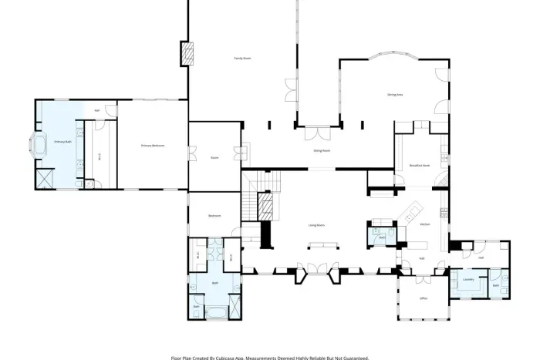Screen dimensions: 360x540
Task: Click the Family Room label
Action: point(243,59)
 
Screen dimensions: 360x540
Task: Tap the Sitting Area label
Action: point(395,94)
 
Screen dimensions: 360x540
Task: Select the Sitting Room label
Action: point(322,150)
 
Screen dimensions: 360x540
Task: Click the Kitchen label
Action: point(424,224)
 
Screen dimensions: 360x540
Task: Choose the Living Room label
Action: point(316,225)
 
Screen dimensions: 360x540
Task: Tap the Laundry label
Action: point(467,279)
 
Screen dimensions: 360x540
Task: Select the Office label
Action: point(424,298)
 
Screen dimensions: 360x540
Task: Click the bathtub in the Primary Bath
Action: point(39,145)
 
